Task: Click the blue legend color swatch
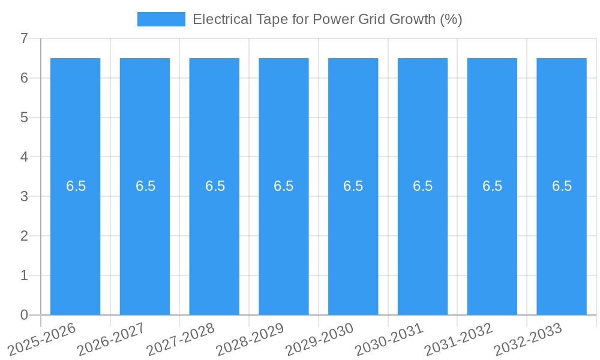161,19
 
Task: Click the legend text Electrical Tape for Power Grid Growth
327,19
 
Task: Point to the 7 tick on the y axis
24,38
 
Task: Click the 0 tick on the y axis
24,315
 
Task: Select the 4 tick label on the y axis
24,157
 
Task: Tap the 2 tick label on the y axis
24,236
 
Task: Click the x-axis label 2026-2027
111,339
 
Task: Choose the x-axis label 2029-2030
319,339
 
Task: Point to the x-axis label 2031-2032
458,339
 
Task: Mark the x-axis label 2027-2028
181,339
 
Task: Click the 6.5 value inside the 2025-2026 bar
76,186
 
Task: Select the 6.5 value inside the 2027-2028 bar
215,186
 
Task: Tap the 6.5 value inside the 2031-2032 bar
492,186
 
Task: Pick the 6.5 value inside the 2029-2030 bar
353,186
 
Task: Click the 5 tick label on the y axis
24,118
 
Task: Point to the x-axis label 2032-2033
528,339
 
